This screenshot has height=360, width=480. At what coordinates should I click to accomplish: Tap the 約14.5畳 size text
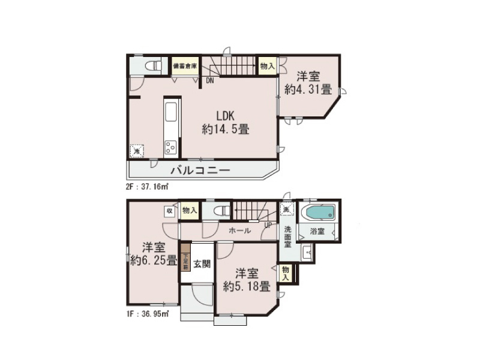(226, 128)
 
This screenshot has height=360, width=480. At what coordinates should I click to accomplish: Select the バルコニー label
(200, 170)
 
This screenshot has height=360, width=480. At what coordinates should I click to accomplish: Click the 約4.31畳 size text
(308, 90)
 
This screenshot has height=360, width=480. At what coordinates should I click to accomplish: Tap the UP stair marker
(268, 225)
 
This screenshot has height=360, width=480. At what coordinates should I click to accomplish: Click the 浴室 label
(317, 230)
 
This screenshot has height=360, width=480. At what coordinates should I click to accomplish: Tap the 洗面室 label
(288, 236)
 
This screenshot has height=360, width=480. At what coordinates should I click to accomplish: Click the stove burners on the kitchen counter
(170, 145)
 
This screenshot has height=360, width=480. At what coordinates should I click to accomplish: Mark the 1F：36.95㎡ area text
(147, 313)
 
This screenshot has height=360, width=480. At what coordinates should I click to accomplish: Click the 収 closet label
(170, 211)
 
